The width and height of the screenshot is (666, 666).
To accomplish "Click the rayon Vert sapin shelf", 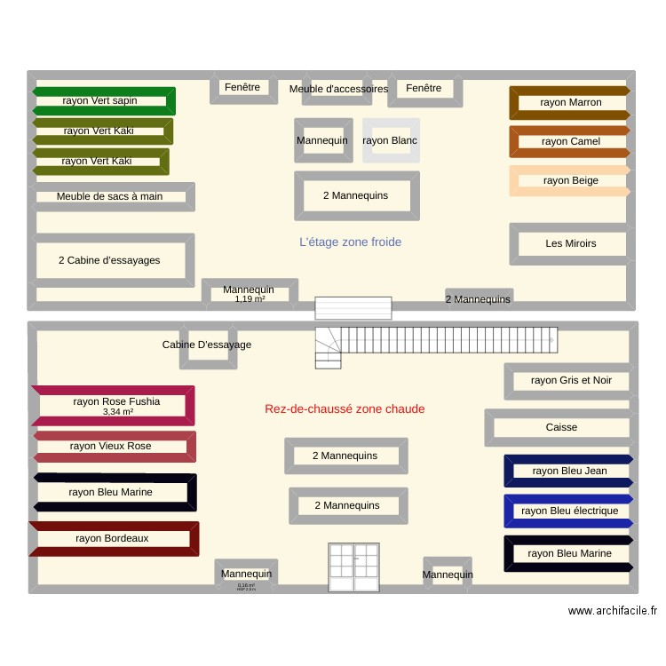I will tap(103, 100).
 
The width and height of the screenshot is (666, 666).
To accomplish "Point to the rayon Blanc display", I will tap(391, 140).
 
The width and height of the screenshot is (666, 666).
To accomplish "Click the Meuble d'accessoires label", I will tap(338, 89).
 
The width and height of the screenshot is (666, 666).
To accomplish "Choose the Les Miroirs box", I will tap(570, 243).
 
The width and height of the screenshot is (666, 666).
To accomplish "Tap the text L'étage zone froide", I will tap(350, 242).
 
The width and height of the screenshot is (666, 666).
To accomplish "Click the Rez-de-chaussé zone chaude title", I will tap(345, 408).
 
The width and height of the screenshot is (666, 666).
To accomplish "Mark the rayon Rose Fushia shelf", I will tap(115, 402).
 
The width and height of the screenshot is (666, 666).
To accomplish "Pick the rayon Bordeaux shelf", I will tap(113, 538).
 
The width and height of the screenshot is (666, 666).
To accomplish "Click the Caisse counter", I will tap(561, 427).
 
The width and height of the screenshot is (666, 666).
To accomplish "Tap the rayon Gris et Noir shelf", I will tap(570, 380).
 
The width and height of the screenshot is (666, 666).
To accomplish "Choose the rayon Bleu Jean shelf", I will tap(568, 471).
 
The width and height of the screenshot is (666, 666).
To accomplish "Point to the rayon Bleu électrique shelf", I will tap(568, 511).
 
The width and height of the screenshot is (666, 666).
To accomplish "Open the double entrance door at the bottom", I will tap(354, 568).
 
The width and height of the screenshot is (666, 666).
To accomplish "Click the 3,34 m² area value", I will tap(117, 411).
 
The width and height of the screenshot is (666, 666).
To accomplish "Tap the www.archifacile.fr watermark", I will tap(613, 611).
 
